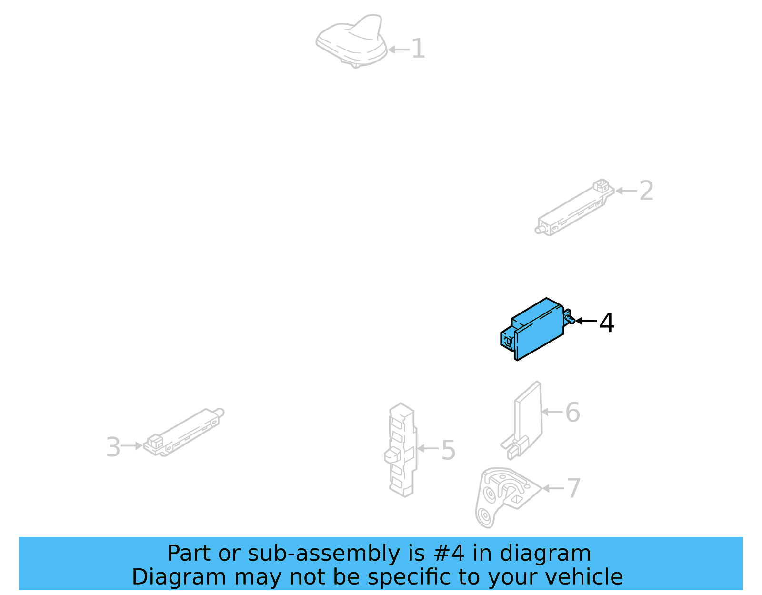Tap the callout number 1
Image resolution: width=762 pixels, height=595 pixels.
point(418,49)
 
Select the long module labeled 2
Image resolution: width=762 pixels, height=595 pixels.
point(574,208)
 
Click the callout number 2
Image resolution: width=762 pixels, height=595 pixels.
point(646,191)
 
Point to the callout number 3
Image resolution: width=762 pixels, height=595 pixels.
point(113,447)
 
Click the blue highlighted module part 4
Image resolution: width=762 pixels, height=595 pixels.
point(536,329)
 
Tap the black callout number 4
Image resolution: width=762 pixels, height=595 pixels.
point(607,323)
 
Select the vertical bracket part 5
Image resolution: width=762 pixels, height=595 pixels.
point(401,450)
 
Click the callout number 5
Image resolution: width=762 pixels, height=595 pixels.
point(448,450)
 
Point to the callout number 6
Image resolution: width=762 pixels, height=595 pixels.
point(572,413)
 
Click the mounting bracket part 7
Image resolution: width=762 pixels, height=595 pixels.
point(502,495)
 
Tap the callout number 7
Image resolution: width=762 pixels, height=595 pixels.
point(573,488)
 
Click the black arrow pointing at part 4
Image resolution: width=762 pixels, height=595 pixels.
point(586,321)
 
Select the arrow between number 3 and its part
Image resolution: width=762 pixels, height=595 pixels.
point(132,446)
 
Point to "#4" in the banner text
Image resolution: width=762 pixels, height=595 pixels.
point(449,554)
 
